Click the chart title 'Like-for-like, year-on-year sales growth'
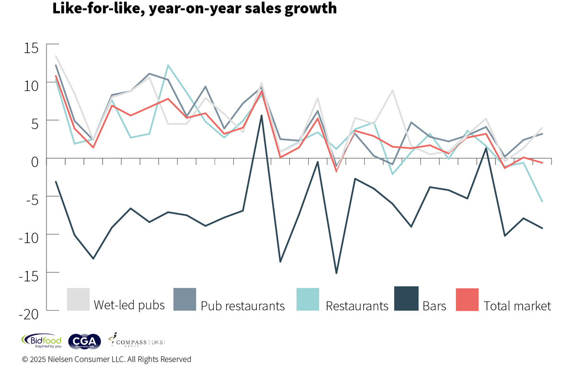pyautogui.click(x=194, y=8)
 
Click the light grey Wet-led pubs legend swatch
pyautogui.click(x=78, y=299)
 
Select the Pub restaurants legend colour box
pyautogui.click(x=184, y=299)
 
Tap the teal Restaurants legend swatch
pyautogui.click(x=308, y=299)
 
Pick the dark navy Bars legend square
pyautogui.click(x=406, y=299)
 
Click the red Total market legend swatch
pyautogui.click(x=467, y=299)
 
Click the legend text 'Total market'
pyautogui.click(x=517, y=305)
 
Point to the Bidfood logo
pyautogui.click(x=41, y=340)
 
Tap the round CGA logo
pyautogui.click(x=85, y=340)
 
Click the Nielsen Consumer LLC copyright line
pyautogui.click(x=106, y=359)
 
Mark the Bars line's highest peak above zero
pyautogui.click(x=261, y=115)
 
